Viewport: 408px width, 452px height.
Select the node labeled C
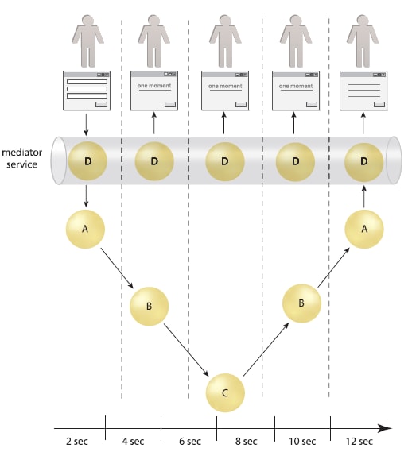tap(225, 392)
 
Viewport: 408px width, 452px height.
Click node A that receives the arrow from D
tap(84, 229)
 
